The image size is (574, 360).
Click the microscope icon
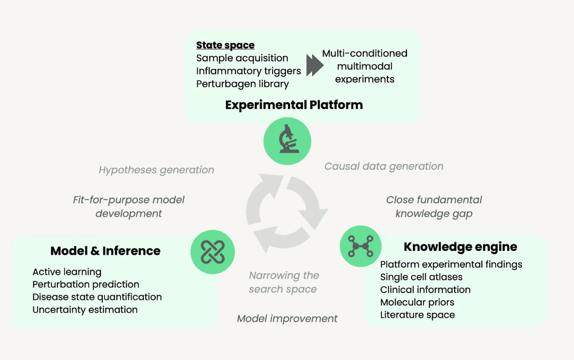click(287, 141)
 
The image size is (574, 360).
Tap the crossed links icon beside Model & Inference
click(213, 251)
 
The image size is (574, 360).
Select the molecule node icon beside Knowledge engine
click(360, 246)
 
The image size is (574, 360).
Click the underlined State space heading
click(225, 45)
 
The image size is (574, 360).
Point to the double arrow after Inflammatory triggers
click(314, 66)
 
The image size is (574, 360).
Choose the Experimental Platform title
click(294, 105)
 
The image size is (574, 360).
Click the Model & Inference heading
click(105, 251)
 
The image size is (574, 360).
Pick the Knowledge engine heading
click(460, 246)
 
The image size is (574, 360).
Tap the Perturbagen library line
click(242, 84)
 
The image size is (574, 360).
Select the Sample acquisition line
click(242, 58)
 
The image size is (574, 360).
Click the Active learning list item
click(67, 272)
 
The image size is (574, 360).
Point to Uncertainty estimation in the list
click(85, 309)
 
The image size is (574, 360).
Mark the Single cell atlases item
click(421, 277)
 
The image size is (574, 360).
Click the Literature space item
click(417, 315)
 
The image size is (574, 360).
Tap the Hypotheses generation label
click(156, 170)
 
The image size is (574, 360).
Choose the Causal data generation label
click(384, 166)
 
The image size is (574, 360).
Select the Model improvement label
click(287, 318)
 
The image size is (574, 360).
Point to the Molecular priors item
click(417, 302)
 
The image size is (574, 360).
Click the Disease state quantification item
click(97, 297)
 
